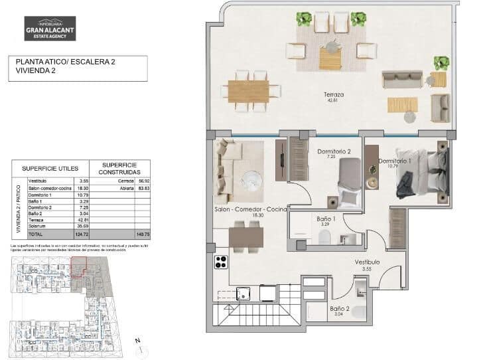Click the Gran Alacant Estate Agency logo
tap(50, 29)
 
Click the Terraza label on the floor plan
tap(334, 94)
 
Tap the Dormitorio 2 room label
tap(334, 151)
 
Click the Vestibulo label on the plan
tap(366, 262)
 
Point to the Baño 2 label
tap(338, 309)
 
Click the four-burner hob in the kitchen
tap(221, 262)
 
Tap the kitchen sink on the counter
tap(243, 292)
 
